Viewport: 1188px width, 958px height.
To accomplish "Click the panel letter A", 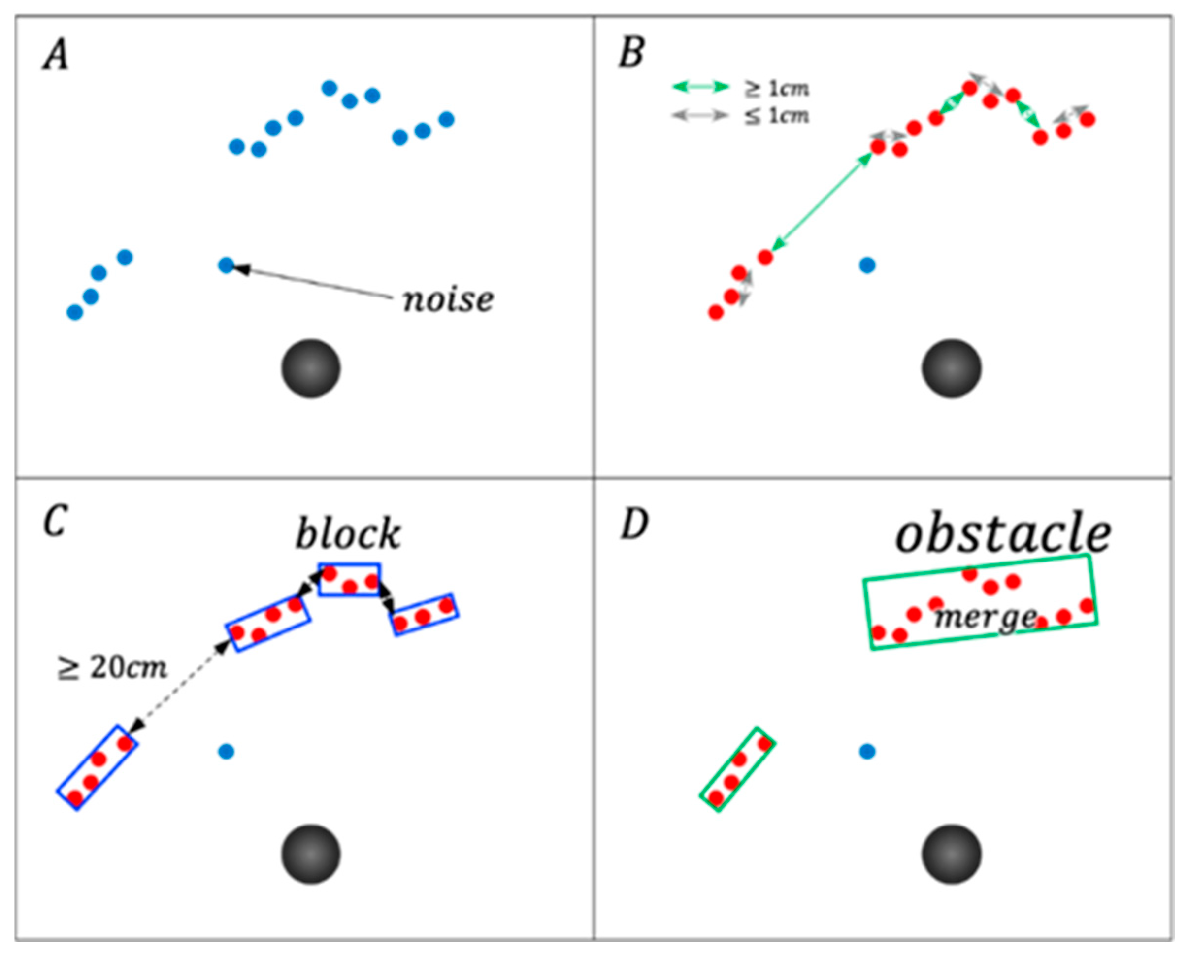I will tap(56, 56).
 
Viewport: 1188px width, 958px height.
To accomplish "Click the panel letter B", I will tap(632, 55).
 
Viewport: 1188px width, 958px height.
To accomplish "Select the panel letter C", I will tap(55, 522).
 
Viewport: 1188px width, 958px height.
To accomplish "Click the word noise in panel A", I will tap(448, 300).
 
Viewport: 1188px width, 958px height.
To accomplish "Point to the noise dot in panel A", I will tap(226, 265).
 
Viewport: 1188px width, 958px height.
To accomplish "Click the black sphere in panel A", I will tap(311, 368).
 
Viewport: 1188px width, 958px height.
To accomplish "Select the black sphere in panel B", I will tap(951, 368).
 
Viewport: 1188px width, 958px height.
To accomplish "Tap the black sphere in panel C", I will tap(311, 854).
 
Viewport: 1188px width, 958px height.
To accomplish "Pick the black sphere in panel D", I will tap(951, 854).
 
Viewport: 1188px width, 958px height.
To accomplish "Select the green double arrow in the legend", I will tap(700, 87).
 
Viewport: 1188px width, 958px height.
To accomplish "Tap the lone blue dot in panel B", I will tap(867, 265).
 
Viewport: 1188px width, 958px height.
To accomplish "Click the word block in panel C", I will tap(348, 533).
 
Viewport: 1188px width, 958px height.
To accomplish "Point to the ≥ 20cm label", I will tap(112, 668).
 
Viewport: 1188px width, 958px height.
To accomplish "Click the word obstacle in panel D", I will tap(1003, 533).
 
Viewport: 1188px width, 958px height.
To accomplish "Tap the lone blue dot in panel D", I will tap(867, 751).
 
